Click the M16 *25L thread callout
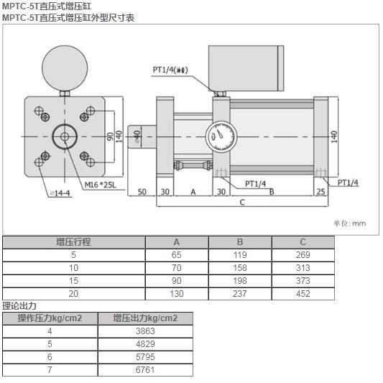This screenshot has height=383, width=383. coord(100,185)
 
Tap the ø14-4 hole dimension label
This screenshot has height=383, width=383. coord(61,193)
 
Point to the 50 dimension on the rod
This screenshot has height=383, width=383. coord(142,192)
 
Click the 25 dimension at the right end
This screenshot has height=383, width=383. coord(320,192)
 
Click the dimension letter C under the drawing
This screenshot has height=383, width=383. coord(242,203)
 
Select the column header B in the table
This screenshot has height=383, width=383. coord(240,242)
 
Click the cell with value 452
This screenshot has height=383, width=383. coord(303,293)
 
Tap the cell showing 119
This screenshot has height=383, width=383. coord(240,255)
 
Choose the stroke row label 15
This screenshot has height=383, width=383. coord(73,280)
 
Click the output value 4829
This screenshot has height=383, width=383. coord(145,343)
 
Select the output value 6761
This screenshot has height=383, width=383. coord(145,369)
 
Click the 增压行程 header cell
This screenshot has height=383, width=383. coord(73,242)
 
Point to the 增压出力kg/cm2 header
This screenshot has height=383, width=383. coord(145,318)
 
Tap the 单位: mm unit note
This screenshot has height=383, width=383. coord(349,223)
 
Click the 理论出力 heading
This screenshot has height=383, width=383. coord(19,305)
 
